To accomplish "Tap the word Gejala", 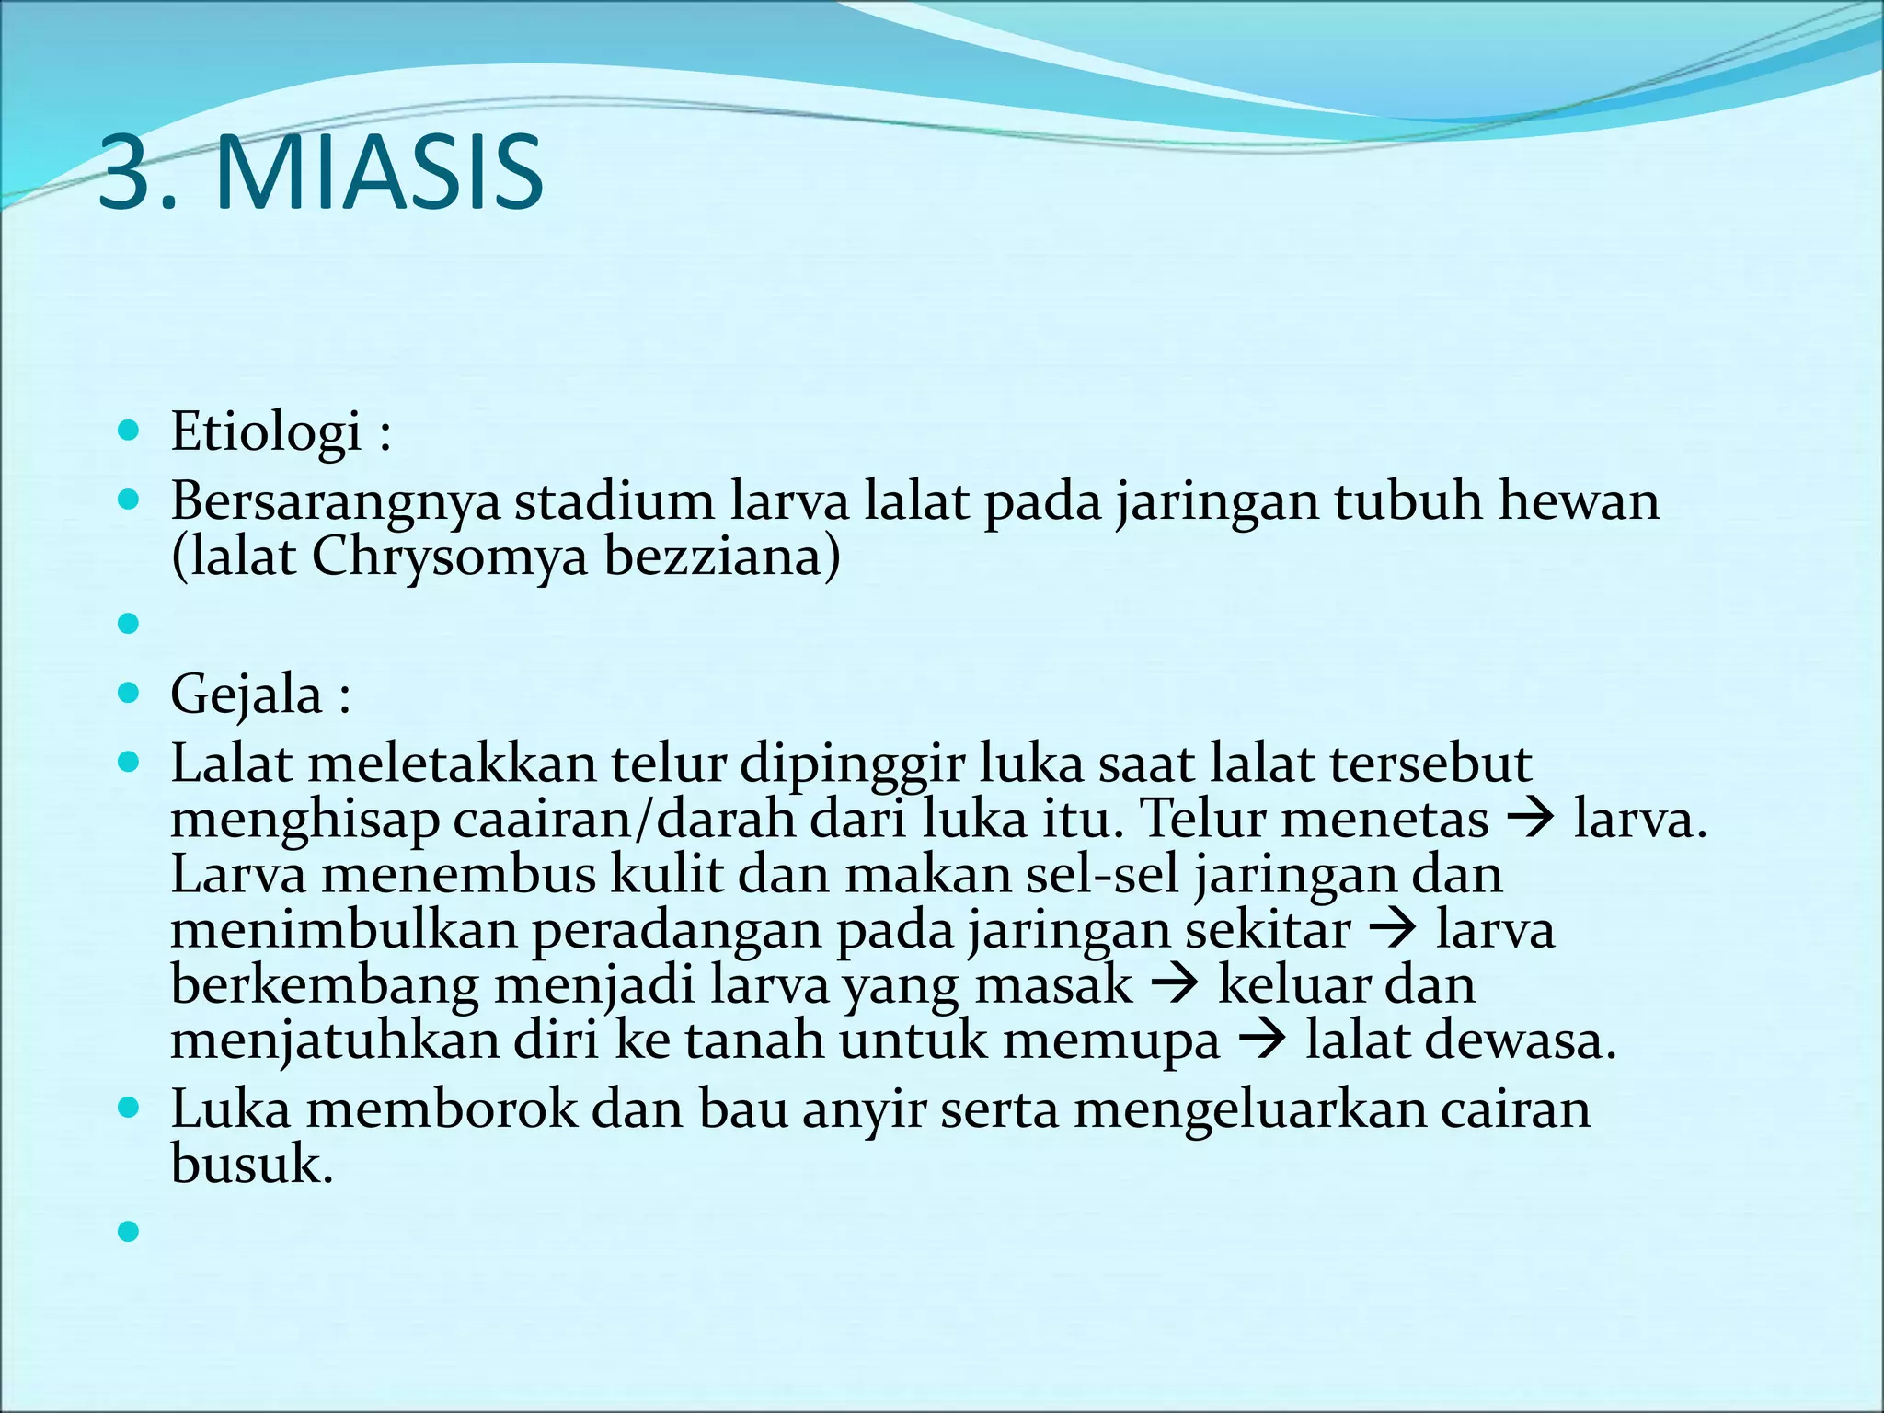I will tap(246, 695).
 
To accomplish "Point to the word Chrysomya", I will tap(449, 557).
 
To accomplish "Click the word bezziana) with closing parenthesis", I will tap(722, 557).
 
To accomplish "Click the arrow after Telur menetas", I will tap(1531, 818).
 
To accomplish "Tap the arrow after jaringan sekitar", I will tap(1393, 929).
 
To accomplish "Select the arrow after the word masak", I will tap(1175, 984).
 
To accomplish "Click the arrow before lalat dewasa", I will tap(1262, 1040).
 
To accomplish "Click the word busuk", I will tap(250, 1165).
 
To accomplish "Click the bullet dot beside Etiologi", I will tap(129, 430).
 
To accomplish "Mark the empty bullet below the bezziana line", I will tap(129, 625).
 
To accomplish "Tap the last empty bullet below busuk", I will tap(129, 1231).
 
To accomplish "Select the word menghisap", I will tap(304, 821).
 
